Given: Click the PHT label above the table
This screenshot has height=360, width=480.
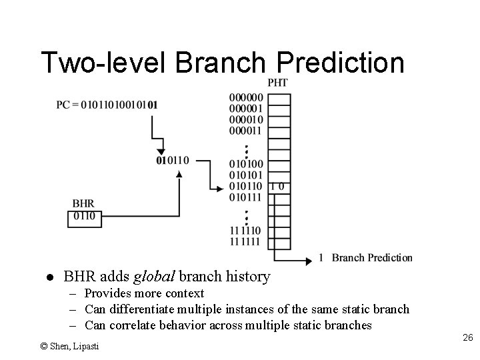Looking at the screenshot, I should [x=278, y=82].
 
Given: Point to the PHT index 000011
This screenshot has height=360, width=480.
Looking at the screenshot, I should [x=245, y=131].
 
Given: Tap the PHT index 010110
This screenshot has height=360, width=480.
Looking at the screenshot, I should [x=245, y=186].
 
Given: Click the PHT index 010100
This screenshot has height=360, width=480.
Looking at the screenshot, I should [x=245, y=164].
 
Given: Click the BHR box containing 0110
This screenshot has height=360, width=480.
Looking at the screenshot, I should [x=84, y=216].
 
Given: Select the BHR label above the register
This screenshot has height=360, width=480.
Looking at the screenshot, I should [x=83, y=203].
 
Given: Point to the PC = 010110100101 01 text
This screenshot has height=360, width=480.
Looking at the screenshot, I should [x=107, y=105].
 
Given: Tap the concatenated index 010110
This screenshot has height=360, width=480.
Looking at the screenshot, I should [x=172, y=160].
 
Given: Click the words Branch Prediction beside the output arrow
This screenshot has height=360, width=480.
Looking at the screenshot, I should [x=372, y=258].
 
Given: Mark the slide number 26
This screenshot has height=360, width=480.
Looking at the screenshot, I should [x=467, y=339].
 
